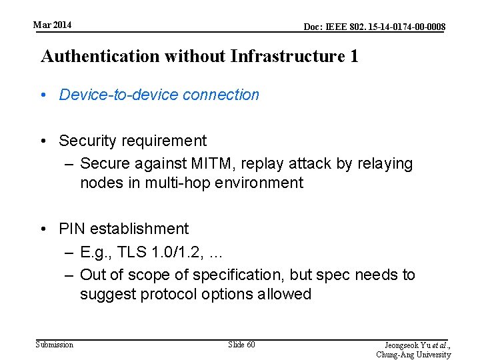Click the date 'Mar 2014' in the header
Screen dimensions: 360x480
(53, 25)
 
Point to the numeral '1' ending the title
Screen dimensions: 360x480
(353, 56)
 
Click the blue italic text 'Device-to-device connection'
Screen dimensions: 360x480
(159, 95)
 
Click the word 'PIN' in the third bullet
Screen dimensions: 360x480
(72, 229)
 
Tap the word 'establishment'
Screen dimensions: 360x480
(139, 229)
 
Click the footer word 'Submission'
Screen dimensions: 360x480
(55, 345)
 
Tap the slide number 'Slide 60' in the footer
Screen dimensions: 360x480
(241, 345)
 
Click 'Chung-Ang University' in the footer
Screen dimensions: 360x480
(413, 355)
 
